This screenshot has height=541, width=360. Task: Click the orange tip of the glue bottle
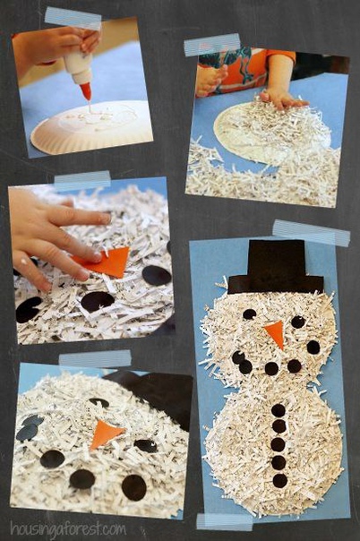pyautogui.click(x=86, y=91)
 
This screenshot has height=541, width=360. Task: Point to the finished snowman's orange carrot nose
pyautogui.click(x=275, y=333)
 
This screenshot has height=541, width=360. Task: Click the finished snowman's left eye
pyautogui.click(x=249, y=314)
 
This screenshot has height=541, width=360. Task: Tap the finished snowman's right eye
pyautogui.click(x=297, y=322)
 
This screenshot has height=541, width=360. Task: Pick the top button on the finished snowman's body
pyautogui.click(x=279, y=410)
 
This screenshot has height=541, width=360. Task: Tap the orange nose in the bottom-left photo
pyautogui.click(x=106, y=434)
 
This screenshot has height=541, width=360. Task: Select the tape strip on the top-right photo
pyautogui.click(x=212, y=45)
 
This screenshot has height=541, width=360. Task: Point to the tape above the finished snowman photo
pyautogui.click(x=311, y=233)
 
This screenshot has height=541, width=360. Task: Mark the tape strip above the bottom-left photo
pyautogui.click(x=95, y=359)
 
